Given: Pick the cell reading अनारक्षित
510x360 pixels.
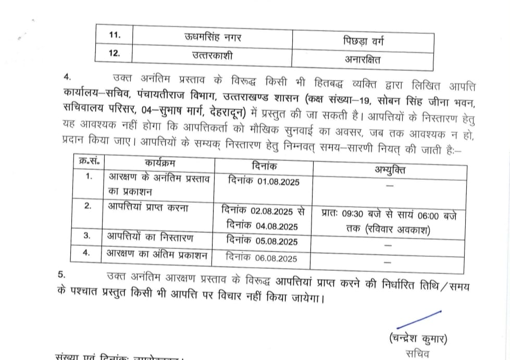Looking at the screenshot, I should pos(364,59).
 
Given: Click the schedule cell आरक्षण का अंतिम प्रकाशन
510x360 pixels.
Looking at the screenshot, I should pos(157,255).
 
